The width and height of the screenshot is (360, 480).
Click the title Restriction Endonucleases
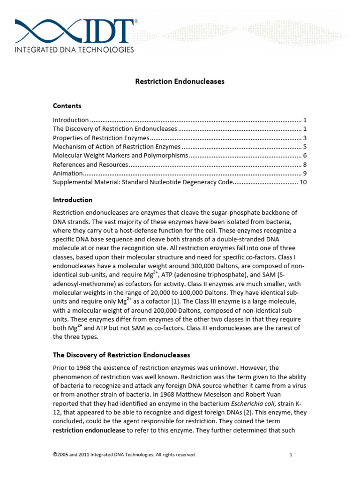pos(180,82)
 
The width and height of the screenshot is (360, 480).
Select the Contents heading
pos(67,106)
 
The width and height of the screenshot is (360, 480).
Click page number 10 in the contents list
pos(303,182)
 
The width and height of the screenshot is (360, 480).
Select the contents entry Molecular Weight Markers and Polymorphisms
pos(120,156)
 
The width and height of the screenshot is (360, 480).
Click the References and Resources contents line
pos(90,165)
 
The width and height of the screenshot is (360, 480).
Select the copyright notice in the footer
pos(124,455)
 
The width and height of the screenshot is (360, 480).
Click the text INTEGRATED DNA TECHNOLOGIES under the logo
pos(75,49)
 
